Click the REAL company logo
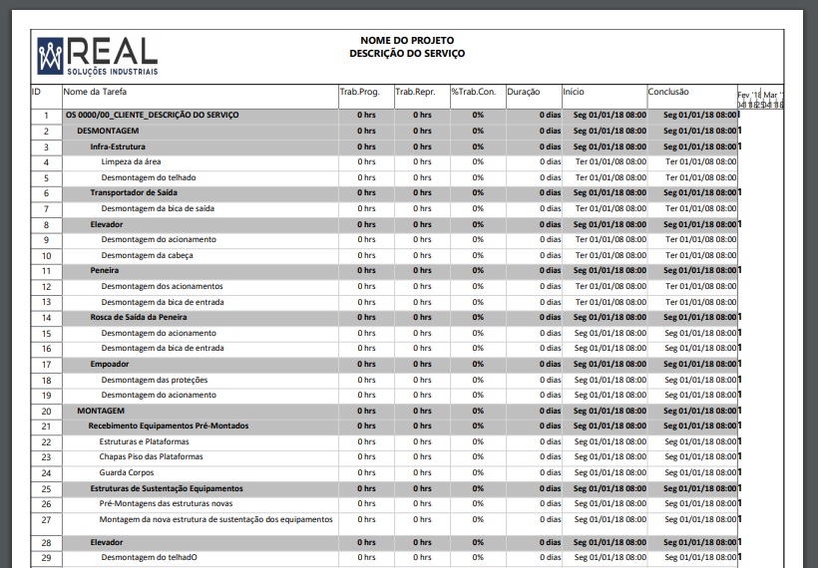coord(97,55)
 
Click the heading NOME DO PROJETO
coord(406,41)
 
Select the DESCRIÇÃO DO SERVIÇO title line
coord(406,54)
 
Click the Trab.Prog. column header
coord(359,93)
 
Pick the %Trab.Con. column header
coord(473,93)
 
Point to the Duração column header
coord(524,93)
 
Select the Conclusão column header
coord(668,93)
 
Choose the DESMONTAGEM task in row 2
coord(108,131)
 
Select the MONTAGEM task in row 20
coord(101,411)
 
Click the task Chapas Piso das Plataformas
coord(151,456)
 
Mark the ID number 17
coord(46,365)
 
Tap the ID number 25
coord(46,488)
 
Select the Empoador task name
coord(109,364)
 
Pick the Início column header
coord(574,93)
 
